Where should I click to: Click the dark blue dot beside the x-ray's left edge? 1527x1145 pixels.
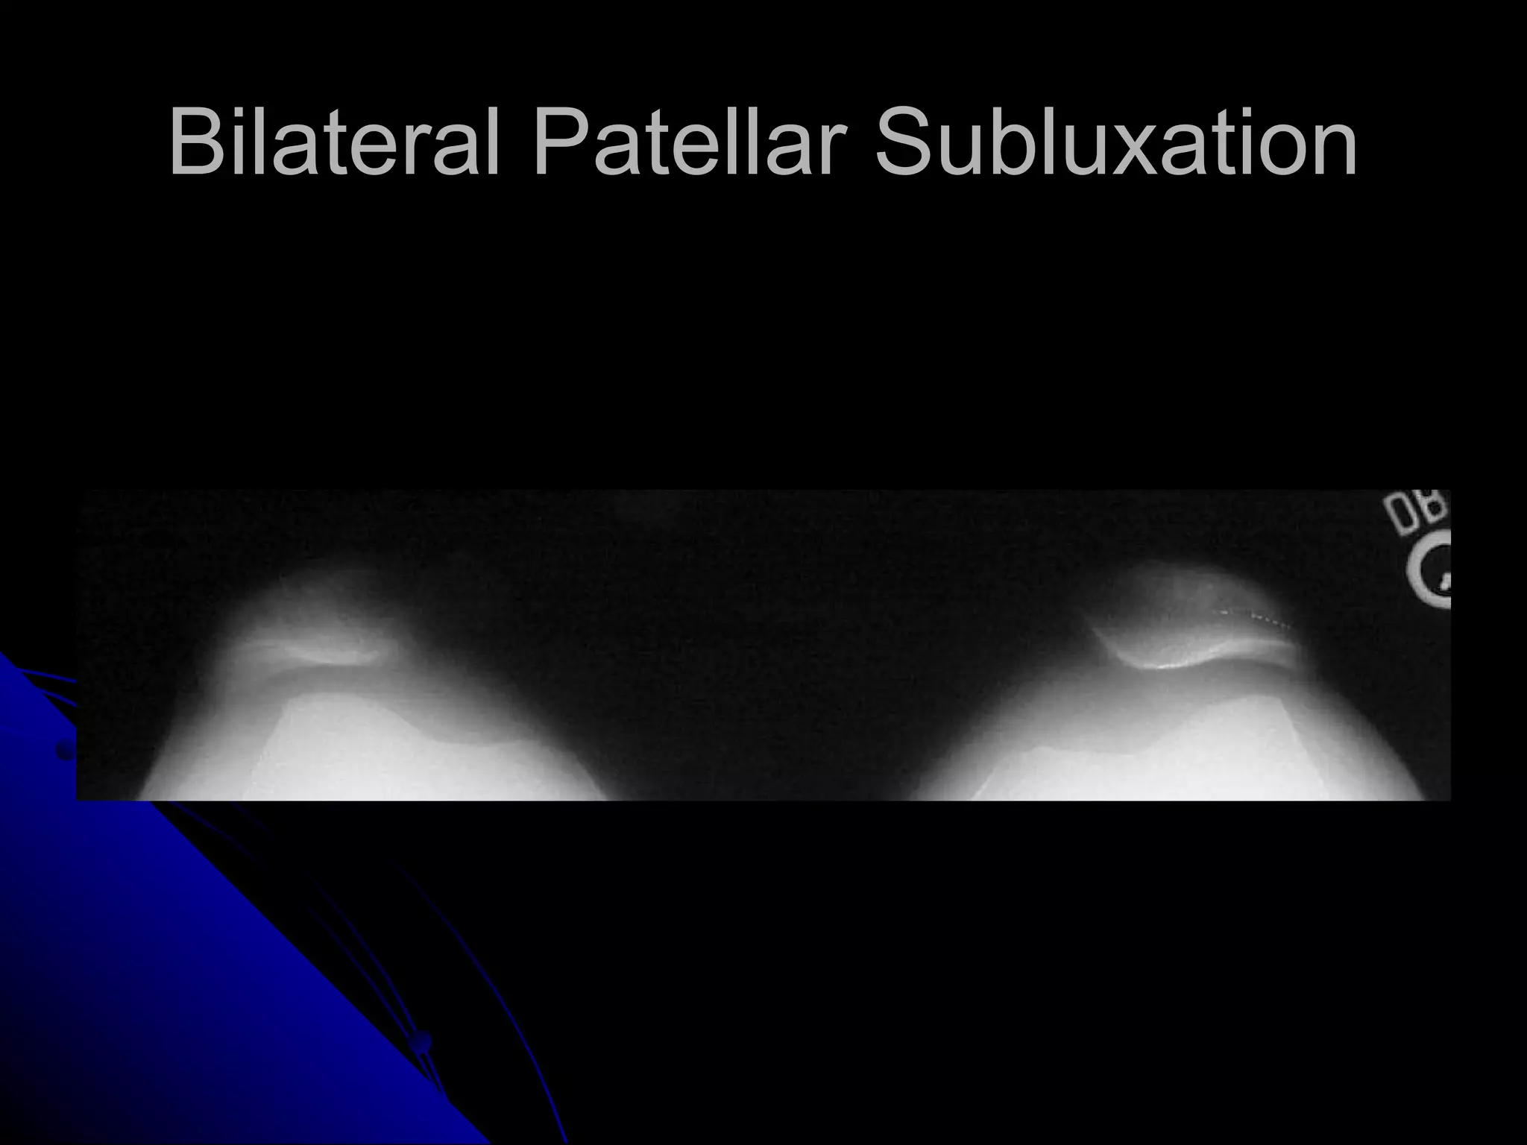coord(66,751)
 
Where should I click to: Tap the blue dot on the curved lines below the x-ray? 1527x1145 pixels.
coord(423,1040)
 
